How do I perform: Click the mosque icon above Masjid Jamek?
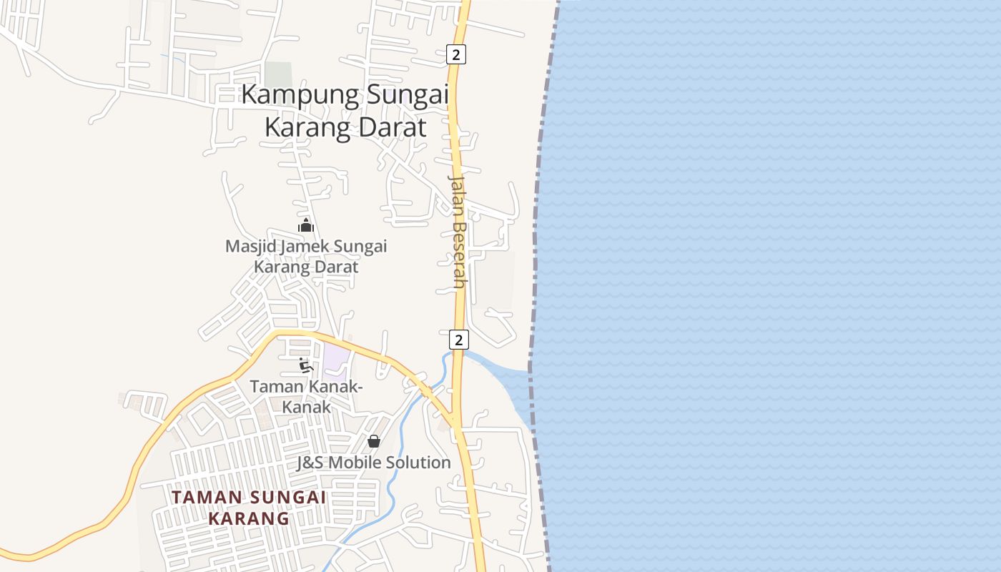click(x=306, y=226)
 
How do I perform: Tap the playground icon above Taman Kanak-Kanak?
click(x=306, y=366)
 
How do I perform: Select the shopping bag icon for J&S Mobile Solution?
click(x=373, y=441)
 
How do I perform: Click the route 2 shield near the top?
click(x=456, y=54)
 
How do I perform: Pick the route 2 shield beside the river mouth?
click(x=459, y=340)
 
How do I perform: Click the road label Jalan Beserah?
click(x=458, y=230)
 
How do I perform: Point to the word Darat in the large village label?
click(x=392, y=128)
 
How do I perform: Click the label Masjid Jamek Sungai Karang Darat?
click(x=306, y=257)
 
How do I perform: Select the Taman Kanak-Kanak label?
click(x=306, y=397)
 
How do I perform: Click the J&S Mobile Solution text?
click(x=374, y=463)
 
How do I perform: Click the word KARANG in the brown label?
click(x=249, y=518)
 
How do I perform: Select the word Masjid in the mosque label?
click(x=250, y=247)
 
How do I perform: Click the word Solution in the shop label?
click(x=418, y=463)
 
